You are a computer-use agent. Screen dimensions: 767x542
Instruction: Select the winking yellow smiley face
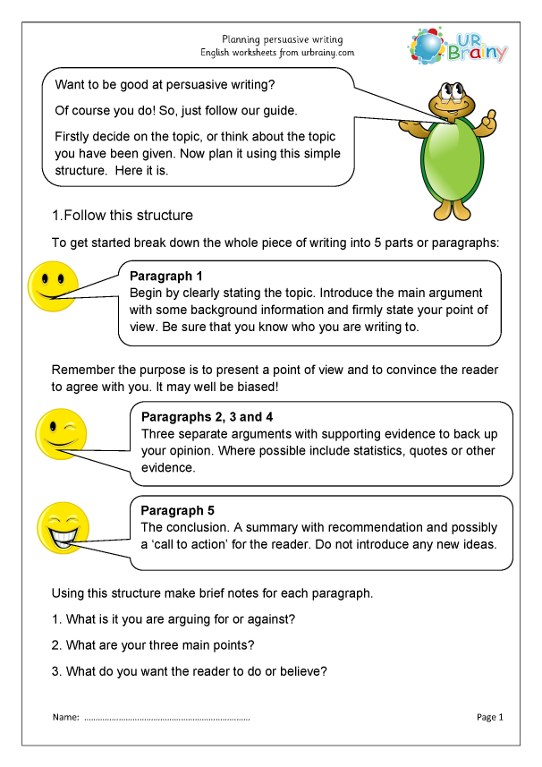pos(60,431)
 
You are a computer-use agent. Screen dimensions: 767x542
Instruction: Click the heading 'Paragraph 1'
pos(166,276)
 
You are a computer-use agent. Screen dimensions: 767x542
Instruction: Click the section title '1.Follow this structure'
pos(122,216)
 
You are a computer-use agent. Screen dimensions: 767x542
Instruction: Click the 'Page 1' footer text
pos(490,717)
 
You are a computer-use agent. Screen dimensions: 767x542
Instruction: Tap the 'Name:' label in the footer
pos(66,717)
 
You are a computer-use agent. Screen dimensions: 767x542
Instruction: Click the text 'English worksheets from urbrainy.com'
pos(276,53)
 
